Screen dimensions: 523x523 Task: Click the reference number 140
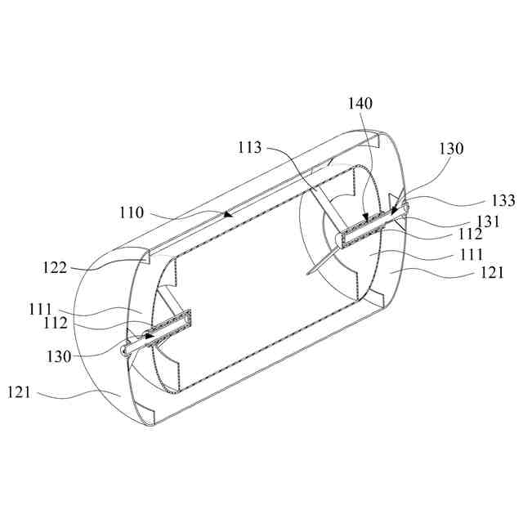point(360,104)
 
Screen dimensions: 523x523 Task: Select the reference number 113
point(251,148)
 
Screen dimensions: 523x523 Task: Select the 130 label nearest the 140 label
point(450,150)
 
